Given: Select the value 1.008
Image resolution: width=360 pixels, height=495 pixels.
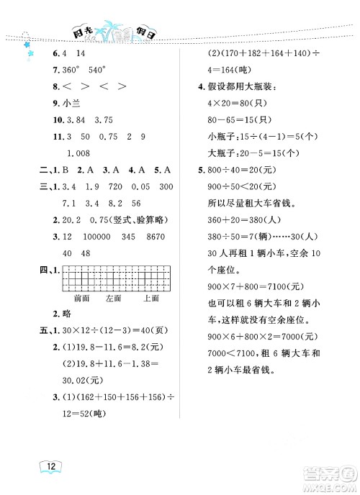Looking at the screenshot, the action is [81, 153].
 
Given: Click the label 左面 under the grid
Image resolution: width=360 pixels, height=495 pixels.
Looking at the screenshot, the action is [114, 296].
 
